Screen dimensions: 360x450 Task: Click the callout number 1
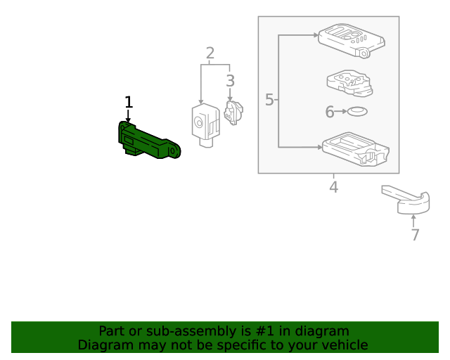point(128,103)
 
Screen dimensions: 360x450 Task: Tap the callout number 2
point(210,53)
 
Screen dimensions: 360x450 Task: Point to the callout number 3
point(230,81)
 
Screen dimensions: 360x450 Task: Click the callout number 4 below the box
point(333,187)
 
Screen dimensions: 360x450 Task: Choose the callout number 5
point(269,100)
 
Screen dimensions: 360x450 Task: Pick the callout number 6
point(329,112)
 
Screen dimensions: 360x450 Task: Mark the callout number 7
point(415,235)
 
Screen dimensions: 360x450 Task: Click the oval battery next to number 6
point(359,111)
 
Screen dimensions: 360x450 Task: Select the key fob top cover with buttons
point(352,39)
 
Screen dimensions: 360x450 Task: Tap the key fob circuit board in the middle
point(349,83)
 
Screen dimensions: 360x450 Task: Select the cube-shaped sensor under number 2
point(205,124)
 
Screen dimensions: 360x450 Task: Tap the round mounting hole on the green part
point(174,149)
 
